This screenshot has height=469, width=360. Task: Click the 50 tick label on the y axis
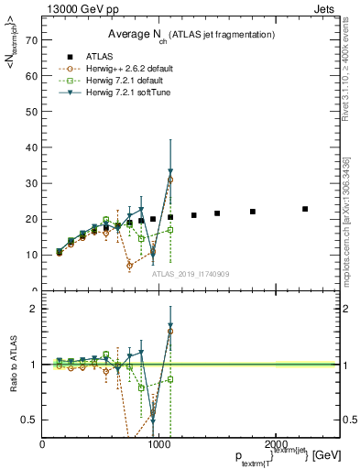coord(30,113)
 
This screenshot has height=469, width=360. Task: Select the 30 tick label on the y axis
coord(30,184)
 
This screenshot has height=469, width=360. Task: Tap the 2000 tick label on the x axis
coord(276,443)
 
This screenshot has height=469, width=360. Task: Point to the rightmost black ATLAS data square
coord(305,209)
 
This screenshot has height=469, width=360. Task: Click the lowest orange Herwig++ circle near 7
coord(130,266)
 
